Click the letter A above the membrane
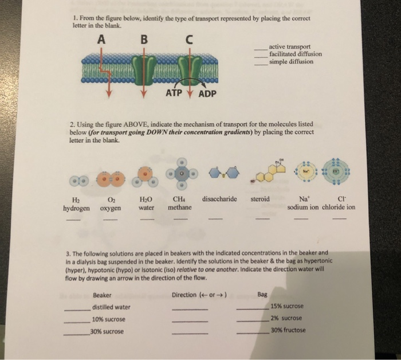tap(102, 40)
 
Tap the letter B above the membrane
tap(144, 40)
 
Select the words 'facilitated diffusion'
tap(296, 54)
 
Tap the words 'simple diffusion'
tap(291, 61)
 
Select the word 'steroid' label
tap(262, 199)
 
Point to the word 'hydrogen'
tap(76, 208)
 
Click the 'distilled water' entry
tap(111, 307)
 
